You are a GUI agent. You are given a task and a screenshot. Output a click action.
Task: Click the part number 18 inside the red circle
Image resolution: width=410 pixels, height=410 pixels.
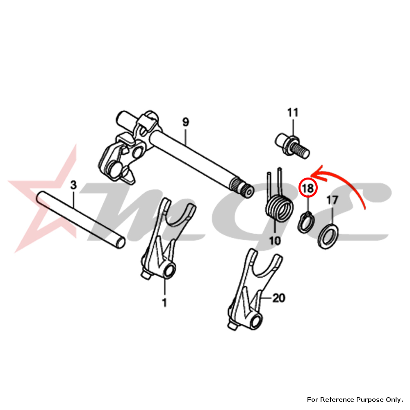pos(307,188)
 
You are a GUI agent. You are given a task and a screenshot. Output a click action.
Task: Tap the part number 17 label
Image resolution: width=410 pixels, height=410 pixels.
pos(332,200)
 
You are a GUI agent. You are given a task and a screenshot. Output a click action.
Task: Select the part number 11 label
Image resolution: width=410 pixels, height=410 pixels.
pos(293,112)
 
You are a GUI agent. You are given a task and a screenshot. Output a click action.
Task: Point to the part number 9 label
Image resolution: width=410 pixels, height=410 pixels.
pos(185,122)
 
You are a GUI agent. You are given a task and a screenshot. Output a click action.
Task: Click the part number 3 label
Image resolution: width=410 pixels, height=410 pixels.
pos(73,185)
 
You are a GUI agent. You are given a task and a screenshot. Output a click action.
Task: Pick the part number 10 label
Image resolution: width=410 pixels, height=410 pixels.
pos(275,240)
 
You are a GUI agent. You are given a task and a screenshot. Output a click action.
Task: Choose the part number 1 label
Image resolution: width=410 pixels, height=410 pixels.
pos(164,303)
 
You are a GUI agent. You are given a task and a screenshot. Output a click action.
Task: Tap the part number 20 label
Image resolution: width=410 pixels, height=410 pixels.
pos(278,299)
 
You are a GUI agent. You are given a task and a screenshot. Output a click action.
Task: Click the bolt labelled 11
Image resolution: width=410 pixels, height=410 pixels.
pos(292,146)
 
